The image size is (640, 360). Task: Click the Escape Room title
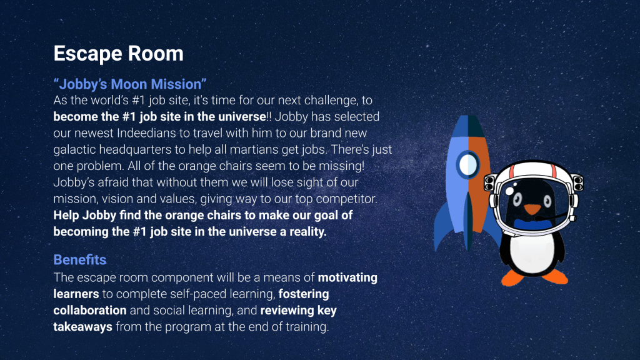[x=118, y=54]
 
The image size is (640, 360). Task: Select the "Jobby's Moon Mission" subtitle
[x=130, y=84]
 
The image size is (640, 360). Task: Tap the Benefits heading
[x=80, y=259]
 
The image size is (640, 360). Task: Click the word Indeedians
[x=153, y=133]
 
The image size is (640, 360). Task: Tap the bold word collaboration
[x=90, y=310]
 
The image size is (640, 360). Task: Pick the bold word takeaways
[x=83, y=327]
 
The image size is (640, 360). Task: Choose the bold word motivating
[x=347, y=277]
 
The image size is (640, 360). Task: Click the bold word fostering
[x=304, y=294]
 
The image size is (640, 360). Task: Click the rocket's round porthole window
[x=467, y=165]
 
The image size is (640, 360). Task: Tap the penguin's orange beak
[x=532, y=209]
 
